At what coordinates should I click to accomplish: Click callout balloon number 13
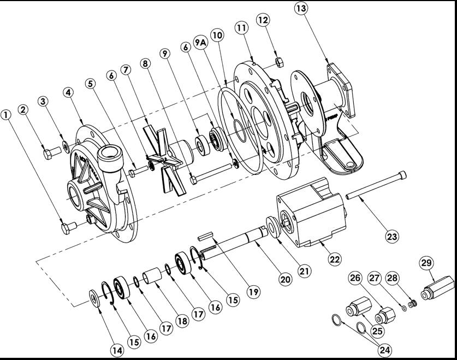(x=301, y=8)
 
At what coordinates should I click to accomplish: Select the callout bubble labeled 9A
(x=200, y=43)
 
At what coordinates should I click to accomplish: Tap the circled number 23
(x=392, y=236)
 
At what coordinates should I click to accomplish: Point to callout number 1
(x=6, y=115)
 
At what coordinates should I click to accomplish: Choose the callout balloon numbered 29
(x=426, y=263)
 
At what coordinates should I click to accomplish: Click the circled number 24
(x=385, y=350)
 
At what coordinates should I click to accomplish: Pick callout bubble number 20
(x=286, y=279)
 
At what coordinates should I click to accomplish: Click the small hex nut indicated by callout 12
(x=279, y=62)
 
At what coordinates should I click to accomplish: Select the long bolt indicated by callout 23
(x=376, y=185)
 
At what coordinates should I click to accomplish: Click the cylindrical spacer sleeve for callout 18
(x=152, y=275)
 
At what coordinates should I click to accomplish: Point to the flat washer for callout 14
(x=95, y=298)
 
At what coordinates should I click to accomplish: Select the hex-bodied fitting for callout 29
(x=438, y=288)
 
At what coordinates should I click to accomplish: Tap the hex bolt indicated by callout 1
(x=69, y=227)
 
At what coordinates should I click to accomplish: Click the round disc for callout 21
(x=274, y=227)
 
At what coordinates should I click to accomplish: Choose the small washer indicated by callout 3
(x=66, y=146)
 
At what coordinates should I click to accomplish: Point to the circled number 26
(x=355, y=278)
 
